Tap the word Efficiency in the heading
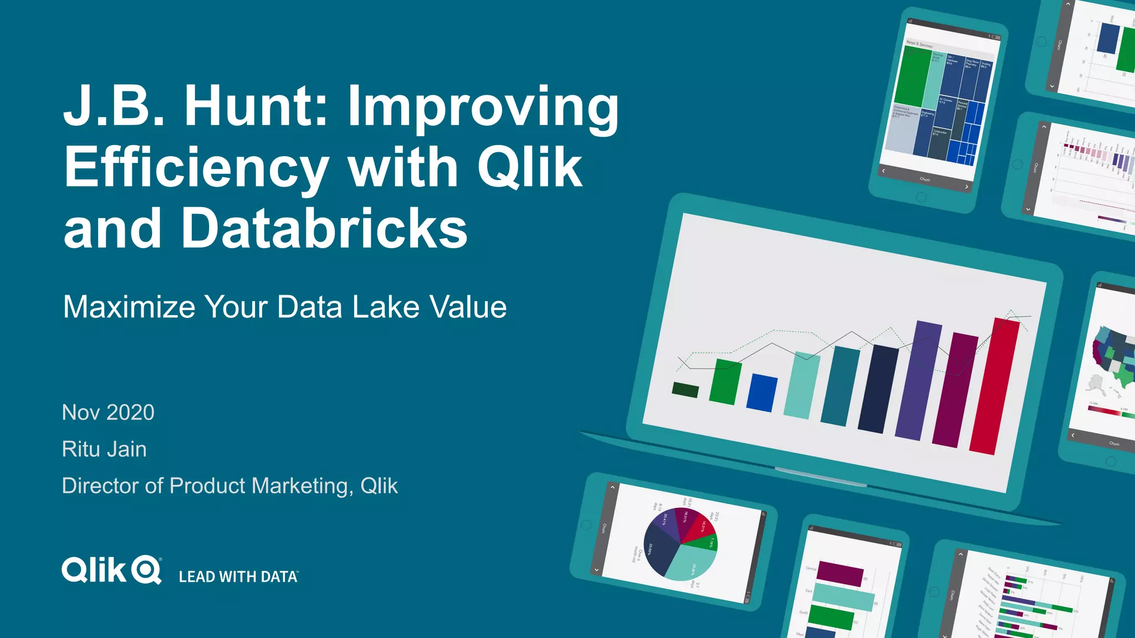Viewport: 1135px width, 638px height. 197,167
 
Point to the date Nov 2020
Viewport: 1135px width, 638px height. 108,413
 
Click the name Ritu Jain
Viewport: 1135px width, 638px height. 104,449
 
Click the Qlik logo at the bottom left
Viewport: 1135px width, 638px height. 111,570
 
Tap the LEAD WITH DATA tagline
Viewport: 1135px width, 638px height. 238,577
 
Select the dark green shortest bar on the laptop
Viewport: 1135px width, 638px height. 685,390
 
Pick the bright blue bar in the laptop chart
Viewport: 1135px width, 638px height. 761,393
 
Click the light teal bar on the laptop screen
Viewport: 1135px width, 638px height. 801,385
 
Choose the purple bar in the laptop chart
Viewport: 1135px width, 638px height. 918,380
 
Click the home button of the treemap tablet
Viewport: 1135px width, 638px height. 921,197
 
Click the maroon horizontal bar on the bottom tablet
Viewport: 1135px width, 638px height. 840,573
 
